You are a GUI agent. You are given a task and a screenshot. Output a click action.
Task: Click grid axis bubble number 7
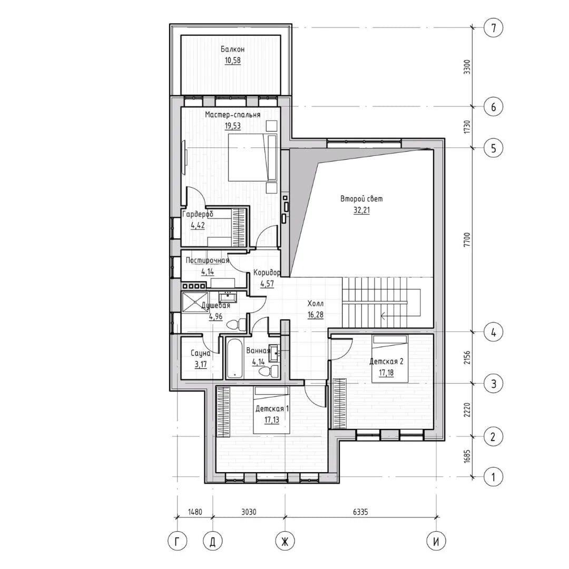pos(493,28)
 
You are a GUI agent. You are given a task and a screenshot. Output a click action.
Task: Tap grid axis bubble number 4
pos(493,332)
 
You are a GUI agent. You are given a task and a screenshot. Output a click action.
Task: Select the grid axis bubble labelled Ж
pos(285,542)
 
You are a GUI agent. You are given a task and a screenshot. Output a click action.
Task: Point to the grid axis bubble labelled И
pos(436,542)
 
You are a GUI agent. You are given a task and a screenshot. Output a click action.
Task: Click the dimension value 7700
pos(468,240)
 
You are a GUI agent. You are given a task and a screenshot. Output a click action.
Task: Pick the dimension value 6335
pos(360,512)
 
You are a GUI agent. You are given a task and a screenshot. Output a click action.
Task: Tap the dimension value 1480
pos(195,512)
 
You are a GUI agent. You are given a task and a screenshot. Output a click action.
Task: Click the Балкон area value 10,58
pos(233,60)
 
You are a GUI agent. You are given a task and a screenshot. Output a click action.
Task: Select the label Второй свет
pos(361,199)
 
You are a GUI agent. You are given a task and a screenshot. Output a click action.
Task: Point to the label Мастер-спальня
pos(233,115)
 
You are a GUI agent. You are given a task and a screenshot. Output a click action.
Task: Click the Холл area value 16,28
pos(316,314)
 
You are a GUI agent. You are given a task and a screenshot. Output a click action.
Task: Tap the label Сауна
pos(201,353)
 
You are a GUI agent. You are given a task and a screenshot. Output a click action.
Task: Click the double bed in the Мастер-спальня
pos(252,158)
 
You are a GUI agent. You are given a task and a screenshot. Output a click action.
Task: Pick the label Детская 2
pos(386,361)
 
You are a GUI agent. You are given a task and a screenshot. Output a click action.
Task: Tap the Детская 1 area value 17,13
pos(272,420)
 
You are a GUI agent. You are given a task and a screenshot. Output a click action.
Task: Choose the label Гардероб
pos(198,214)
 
